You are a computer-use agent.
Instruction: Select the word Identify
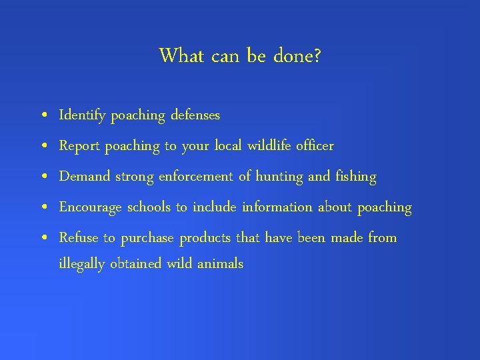click(x=83, y=116)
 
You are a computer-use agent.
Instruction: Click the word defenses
click(x=195, y=115)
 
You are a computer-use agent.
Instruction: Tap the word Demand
click(x=85, y=177)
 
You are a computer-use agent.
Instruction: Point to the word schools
click(x=149, y=207)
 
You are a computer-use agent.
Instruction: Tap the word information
click(x=277, y=207)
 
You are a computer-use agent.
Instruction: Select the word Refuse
click(x=79, y=237)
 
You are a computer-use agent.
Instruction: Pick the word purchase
click(x=147, y=238)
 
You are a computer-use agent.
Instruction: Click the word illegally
click(x=82, y=264)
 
